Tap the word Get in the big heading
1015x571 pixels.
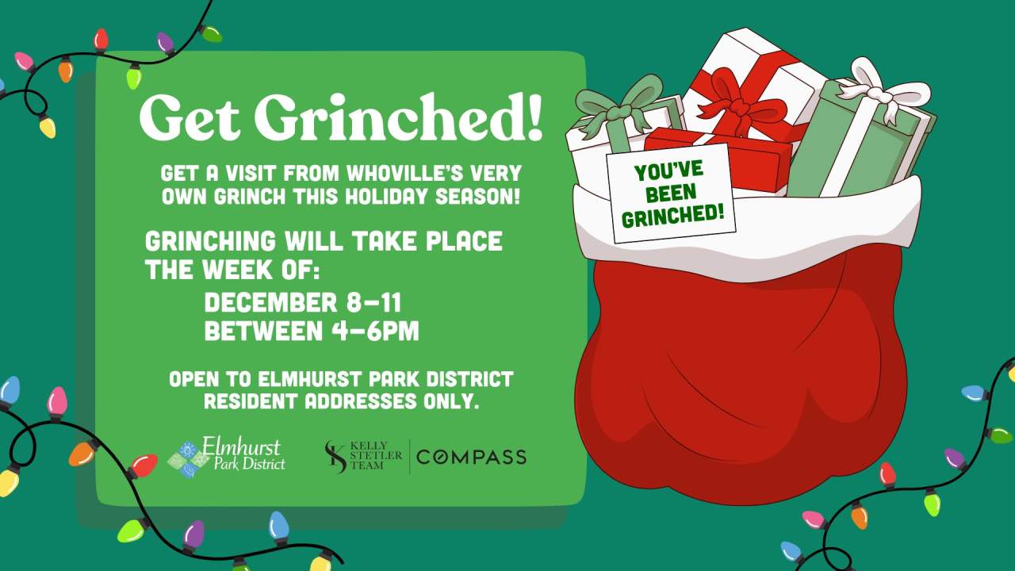(190, 117)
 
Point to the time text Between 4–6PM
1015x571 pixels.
(312, 331)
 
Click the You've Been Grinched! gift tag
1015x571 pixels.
(671, 194)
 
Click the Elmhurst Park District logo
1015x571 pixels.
(228, 456)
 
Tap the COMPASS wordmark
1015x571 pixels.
(471, 457)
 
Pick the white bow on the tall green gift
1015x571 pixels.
(880, 91)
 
